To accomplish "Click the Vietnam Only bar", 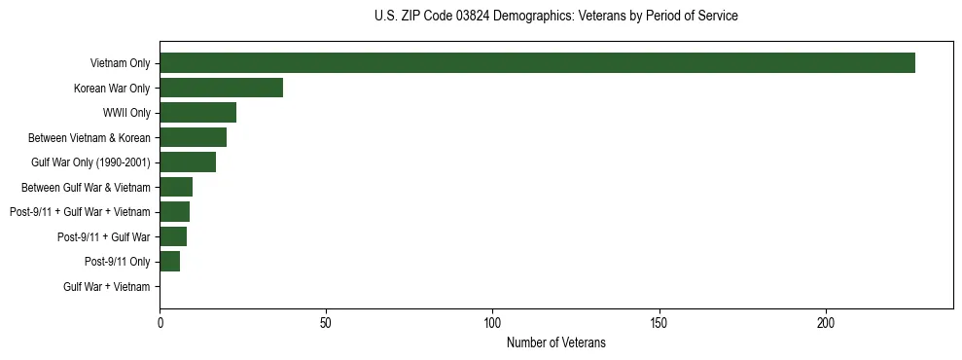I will pos(537,63).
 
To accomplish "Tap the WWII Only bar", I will pos(197,113).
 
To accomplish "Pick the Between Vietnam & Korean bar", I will pos(193,137).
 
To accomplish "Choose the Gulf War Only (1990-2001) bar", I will pos(188,162).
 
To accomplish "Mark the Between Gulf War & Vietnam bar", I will pos(176,187).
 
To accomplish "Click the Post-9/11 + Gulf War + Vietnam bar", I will pos(174,212).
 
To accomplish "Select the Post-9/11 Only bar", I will pos(169,262).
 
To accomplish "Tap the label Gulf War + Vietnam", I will pos(106,287).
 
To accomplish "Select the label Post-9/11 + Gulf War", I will pos(103,237).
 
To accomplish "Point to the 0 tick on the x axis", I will pos(160,321).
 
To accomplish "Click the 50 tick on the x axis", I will pos(326,321).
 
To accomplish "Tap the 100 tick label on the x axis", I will pos(492,321).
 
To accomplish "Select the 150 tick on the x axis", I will pos(659,321).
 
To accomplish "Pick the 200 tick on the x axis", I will pos(826,321).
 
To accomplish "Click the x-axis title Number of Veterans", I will pos(555,342).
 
